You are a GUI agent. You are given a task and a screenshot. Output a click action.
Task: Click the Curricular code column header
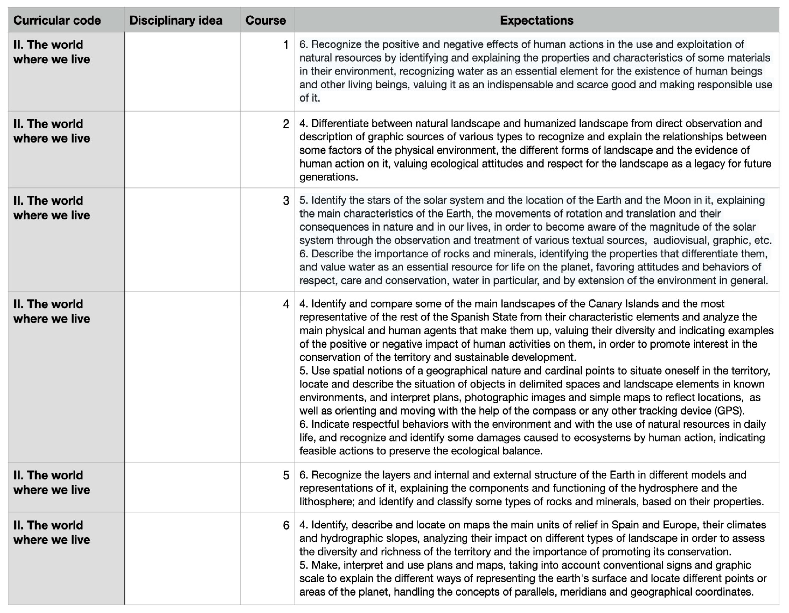coord(57,20)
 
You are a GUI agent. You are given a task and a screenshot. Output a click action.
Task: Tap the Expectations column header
coord(536,20)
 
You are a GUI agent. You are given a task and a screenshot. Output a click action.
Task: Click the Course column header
coord(266,20)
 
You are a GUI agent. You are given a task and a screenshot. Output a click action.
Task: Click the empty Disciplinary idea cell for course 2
coord(183,150)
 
